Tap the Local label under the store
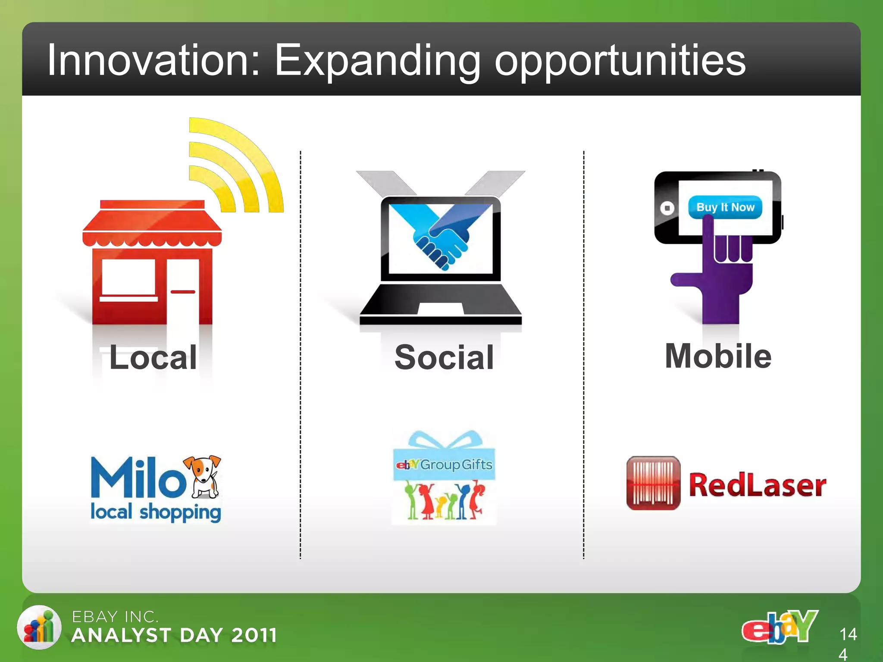(x=153, y=357)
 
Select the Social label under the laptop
(x=444, y=357)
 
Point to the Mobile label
(x=718, y=356)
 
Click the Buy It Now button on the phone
(x=725, y=207)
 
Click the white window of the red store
(x=128, y=277)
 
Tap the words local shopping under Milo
(x=156, y=512)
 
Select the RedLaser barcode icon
(x=653, y=483)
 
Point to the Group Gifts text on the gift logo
(x=456, y=465)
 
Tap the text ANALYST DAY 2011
(x=174, y=635)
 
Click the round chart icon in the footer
(x=39, y=627)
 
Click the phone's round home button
(x=667, y=208)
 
